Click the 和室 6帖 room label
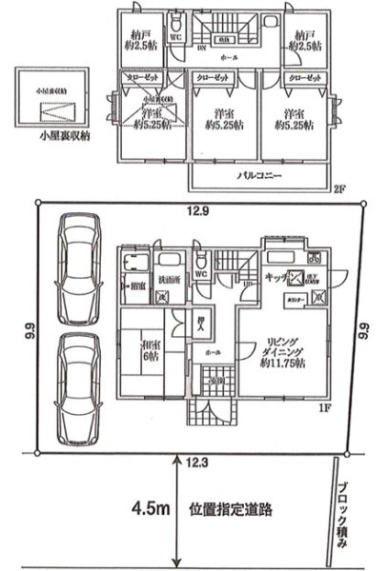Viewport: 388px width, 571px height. pos(148,353)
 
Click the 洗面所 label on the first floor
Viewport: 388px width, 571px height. pos(166,279)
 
